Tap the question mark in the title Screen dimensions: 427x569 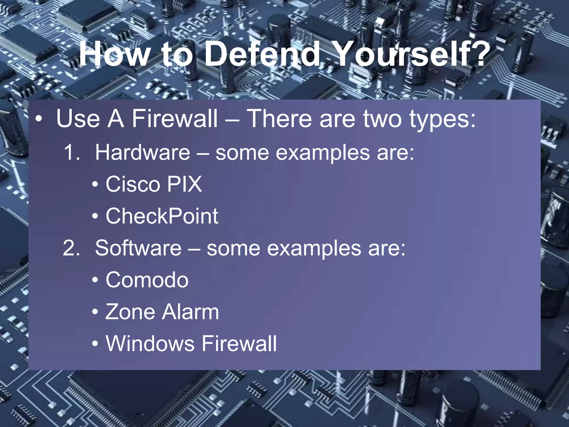tap(478, 54)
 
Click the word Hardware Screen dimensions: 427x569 tap(143, 153)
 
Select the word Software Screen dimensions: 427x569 tap(138, 248)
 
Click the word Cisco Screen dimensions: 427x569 tap(133, 184)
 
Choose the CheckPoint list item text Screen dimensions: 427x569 tap(162, 216)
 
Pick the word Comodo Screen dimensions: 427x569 tap(147, 280)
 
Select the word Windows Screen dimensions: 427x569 tap(150, 344)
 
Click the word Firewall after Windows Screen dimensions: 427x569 tap(239, 344)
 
